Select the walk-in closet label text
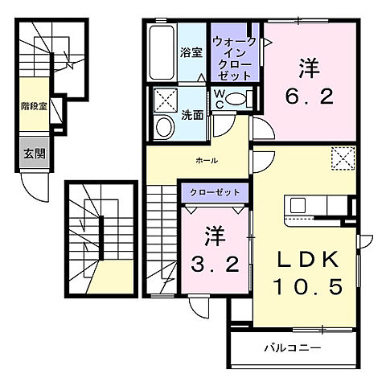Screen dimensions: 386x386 234,58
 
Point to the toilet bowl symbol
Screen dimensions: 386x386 234,100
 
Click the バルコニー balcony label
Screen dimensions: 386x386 294,348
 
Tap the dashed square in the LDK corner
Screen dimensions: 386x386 343,158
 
